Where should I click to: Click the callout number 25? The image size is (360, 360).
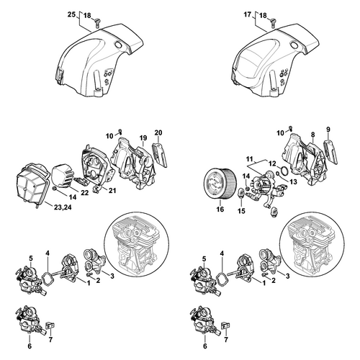(x=71, y=14)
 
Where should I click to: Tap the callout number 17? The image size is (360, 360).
(x=248, y=14)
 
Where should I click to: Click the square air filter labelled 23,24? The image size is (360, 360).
(x=33, y=184)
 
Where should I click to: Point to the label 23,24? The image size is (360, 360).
(x=63, y=207)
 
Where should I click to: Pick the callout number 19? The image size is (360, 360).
(x=143, y=138)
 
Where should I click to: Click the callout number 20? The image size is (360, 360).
(x=158, y=132)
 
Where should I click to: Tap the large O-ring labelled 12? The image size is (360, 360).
(x=284, y=171)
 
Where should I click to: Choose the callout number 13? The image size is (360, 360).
(x=293, y=181)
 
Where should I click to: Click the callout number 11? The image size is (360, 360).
(x=250, y=159)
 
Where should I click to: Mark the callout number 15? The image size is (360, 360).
(x=241, y=211)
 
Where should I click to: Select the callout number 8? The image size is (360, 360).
(x=313, y=135)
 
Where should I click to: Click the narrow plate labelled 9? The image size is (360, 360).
(x=330, y=152)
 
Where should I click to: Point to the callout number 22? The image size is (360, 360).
(x=85, y=193)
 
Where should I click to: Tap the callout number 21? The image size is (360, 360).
(x=112, y=191)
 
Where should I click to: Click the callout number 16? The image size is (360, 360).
(x=220, y=209)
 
